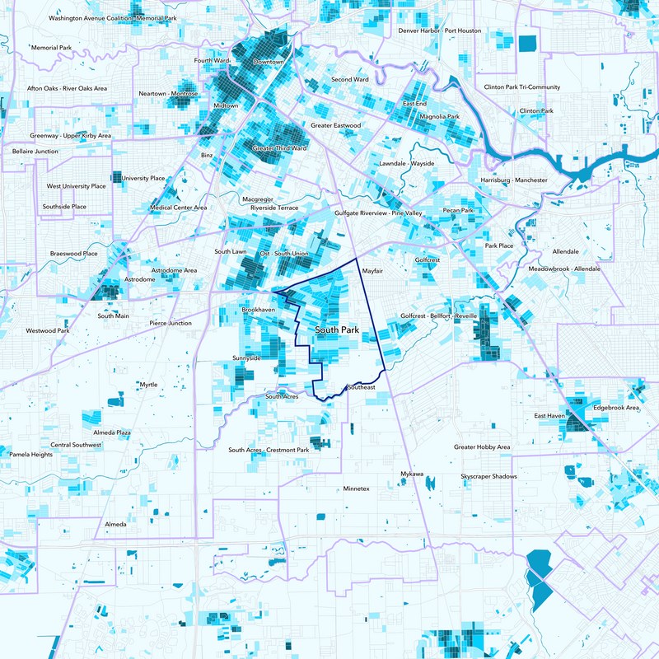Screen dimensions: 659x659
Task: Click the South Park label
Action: (x=338, y=330)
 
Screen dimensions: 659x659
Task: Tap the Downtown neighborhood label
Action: (x=268, y=63)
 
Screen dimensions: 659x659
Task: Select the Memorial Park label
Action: (x=52, y=48)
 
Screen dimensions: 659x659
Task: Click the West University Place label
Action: (x=76, y=186)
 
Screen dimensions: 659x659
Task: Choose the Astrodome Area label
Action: (x=174, y=270)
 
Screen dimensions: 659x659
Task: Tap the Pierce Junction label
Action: (x=171, y=324)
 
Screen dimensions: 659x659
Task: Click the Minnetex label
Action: (x=357, y=489)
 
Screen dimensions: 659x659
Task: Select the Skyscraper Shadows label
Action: (x=488, y=478)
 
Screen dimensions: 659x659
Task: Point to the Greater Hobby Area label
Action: (x=482, y=447)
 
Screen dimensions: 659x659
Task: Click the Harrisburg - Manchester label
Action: (x=513, y=180)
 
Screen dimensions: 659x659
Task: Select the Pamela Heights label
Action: (x=30, y=454)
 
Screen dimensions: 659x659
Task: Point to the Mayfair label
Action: (x=374, y=270)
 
